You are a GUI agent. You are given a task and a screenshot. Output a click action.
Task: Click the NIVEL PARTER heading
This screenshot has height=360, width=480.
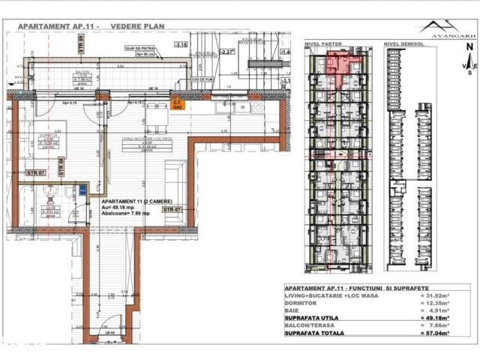click(x=323, y=45)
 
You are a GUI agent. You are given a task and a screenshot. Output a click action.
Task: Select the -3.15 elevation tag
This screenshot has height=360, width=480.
click(x=180, y=45)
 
